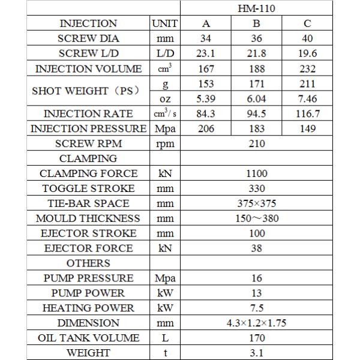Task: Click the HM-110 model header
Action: [x=256, y=9]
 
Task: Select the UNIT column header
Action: [x=165, y=24]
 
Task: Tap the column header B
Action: [x=256, y=24]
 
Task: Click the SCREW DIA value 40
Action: [x=307, y=38]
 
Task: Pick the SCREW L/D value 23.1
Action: [x=206, y=53]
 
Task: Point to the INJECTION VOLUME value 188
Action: [x=256, y=68]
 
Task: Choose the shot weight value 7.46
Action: [x=307, y=98]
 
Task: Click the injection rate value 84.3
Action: [x=206, y=113]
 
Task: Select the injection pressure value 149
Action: [x=307, y=128]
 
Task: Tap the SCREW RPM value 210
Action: [x=256, y=143]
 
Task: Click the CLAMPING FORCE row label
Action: [x=88, y=173]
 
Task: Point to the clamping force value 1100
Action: [x=256, y=173]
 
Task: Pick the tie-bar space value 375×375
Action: [x=256, y=203]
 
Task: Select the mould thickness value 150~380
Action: [x=256, y=218]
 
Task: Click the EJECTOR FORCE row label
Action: [x=88, y=248]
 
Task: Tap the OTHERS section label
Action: [x=88, y=263]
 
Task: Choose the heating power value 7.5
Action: [x=256, y=308]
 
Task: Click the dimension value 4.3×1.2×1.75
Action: [x=256, y=323]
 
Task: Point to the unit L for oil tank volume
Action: [x=165, y=338]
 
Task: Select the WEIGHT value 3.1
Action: [x=256, y=353]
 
